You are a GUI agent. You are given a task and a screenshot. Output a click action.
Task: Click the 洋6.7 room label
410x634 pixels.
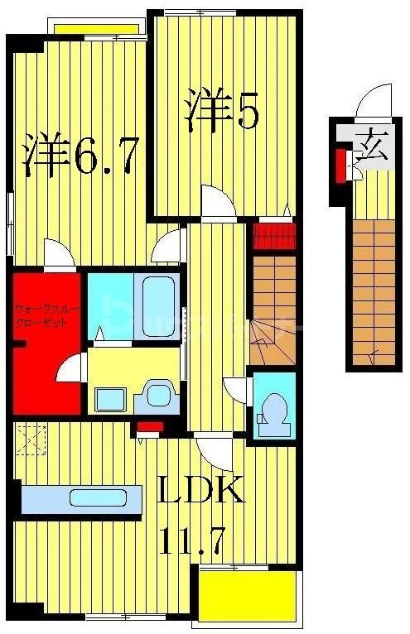[x=80, y=156]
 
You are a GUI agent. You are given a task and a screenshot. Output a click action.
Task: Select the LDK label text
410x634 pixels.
[x=201, y=492]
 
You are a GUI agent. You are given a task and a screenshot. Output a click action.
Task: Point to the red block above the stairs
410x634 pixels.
[x=272, y=235]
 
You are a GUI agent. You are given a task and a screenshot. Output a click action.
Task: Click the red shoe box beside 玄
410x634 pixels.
[x=340, y=164]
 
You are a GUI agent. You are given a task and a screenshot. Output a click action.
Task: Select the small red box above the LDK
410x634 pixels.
[x=149, y=427]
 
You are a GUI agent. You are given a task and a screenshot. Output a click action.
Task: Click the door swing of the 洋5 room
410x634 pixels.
[x=217, y=201]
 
